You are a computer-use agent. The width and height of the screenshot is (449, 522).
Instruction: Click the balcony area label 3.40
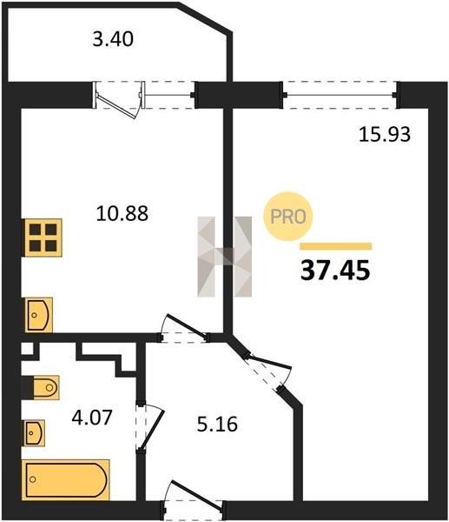click(x=113, y=39)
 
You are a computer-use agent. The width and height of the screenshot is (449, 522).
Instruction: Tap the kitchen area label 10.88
click(x=122, y=213)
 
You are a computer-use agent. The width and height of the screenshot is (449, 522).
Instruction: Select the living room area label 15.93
click(x=385, y=135)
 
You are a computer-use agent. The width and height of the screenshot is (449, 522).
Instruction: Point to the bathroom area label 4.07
click(x=92, y=418)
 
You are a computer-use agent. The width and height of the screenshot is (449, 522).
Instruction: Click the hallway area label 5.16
click(x=217, y=425)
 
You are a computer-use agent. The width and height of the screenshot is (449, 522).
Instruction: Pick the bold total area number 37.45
click(x=335, y=271)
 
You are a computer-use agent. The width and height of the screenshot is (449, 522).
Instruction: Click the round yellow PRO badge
click(x=288, y=217)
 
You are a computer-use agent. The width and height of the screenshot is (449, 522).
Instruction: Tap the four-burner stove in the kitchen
click(x=43, y=238)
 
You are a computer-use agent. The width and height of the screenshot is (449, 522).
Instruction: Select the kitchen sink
click(x=38, y=315)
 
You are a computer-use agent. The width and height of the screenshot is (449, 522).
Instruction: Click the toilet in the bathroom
click(x=45, y=387)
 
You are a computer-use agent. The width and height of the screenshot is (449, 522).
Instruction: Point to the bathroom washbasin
click(x=35, y=432)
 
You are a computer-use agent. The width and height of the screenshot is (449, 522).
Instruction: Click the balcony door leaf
click(x=116, y=106)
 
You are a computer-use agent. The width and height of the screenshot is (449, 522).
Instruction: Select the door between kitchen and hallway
click(x=186, y=327)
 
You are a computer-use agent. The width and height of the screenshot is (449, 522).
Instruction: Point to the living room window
click(x=340, y=95)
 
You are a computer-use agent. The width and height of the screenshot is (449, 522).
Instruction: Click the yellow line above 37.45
click(x=336, y=246)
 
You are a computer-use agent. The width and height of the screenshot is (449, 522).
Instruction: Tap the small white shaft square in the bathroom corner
click(x=27, y=349)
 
